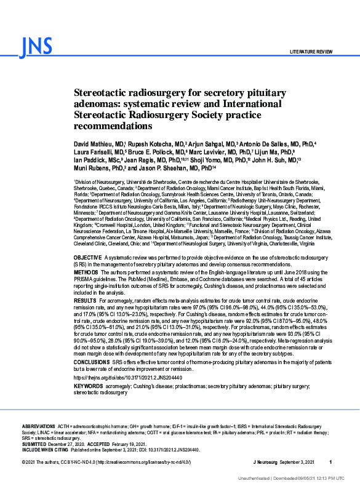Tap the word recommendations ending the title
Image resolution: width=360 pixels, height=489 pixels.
[x=113, y=126]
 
